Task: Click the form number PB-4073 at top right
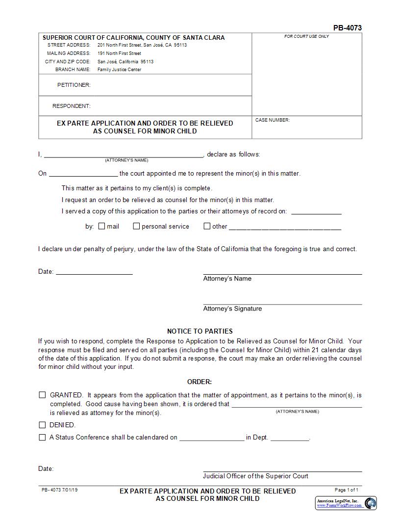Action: [347, 28]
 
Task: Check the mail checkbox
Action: [101, 226]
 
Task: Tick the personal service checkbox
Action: [137, 226]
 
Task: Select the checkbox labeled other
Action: [207, 226]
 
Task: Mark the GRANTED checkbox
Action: [42, 395]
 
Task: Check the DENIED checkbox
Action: [42, 425]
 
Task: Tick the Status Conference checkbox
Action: [42, 437]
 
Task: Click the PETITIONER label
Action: [74, 85]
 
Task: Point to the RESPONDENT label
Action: [72, 106]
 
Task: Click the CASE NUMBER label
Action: [273, 120]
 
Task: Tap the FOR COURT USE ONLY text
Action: [306, 37]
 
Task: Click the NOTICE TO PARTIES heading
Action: [200, 331]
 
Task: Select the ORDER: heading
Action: [200, 382]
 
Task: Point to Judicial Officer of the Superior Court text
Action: [255, 476]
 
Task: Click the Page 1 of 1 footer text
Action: [346, 490]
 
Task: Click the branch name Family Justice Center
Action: [119, 70]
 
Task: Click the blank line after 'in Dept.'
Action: [290, 437]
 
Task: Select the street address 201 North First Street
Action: [142, 45]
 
